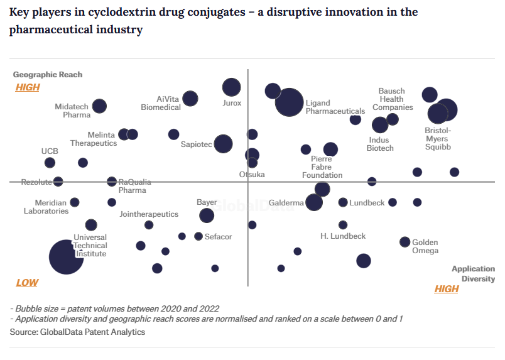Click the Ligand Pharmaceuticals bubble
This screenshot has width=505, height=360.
(x=290, y=103)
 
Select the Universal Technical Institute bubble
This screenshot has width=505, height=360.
(x=66, y=257)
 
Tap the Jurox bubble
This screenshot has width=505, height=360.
(x=232, y=88)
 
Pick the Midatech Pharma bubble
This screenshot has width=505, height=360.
(x=99, y=106)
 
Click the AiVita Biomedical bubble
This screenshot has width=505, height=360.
(x=190, y=99)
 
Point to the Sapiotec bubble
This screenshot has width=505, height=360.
(x=223, y=144)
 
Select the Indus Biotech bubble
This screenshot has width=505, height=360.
(x=380, y=125)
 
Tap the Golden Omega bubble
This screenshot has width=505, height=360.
(x=405, y=242)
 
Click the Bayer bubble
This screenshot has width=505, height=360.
(x=207, y=215)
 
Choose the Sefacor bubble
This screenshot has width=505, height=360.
(x=198, y=236)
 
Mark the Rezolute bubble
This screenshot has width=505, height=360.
(x=58, y=182)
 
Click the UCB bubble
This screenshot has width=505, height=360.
(x=50, y=163)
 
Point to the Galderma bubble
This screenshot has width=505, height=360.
(x=314, y=202)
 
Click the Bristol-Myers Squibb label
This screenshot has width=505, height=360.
(x=438, y=139)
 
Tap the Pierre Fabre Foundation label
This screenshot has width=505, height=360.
(x=322, y=167)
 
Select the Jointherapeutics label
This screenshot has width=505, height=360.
(x=149, y=214)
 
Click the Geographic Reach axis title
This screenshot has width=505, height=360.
(x=48, y=75)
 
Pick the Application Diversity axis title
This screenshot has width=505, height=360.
(x=473, y=274)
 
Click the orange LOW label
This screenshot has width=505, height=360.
(x=27, y=283)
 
